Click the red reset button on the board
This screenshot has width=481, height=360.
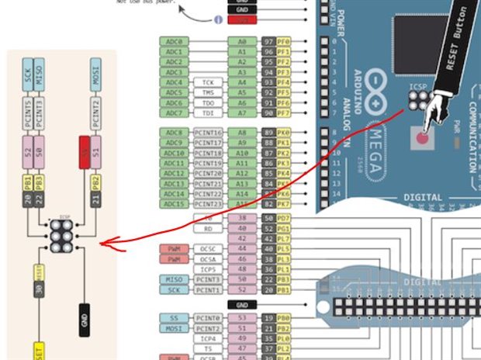pyautogui.click(x=421, y=138)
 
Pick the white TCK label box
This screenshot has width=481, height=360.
pyautogui.click(x=208, y=81)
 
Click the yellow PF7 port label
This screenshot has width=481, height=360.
pyautogui.click(x=285, y=112)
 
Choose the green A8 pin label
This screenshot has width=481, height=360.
pyautogui.click(x=242, y=133)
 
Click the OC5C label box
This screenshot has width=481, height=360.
pyautogui.click(x=208, y=248)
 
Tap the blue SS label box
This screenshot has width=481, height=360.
pyautogui.click(x=172, y=317)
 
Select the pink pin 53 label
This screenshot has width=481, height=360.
pyautogui.click(x=242, y=317)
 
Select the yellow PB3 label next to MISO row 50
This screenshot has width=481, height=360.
pyautogui.click(x=285, y=279)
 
